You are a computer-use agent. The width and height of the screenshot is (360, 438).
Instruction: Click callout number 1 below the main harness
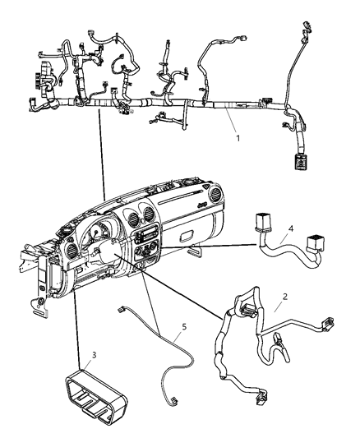[x=238, y=138]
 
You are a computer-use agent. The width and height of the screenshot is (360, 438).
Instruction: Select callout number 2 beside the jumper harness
[x=285, y=297]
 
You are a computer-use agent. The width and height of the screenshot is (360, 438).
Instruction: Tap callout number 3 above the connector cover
[x=95, y=355]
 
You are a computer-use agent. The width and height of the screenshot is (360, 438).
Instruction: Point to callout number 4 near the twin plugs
[x=291, y=228]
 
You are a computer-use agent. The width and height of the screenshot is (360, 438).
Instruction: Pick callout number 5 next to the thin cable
[x=184, y=326]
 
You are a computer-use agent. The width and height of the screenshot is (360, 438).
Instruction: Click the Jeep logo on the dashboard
[x=202, y=205]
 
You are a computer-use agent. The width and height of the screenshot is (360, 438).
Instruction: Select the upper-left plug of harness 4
[x=262, y=223]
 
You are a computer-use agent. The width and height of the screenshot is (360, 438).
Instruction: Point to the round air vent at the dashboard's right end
[x=215, y=195]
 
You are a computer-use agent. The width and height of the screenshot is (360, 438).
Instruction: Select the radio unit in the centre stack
[x=145, y=233]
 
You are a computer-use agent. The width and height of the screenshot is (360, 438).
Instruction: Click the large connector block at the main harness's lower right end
[x=300, y=161]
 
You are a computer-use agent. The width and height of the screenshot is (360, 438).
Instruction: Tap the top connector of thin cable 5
[x=122, y=309]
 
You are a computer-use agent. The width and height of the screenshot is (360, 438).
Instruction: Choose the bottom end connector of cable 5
[x=173, y=400]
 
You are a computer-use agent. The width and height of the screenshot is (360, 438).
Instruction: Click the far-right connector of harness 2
[x=329, y=325]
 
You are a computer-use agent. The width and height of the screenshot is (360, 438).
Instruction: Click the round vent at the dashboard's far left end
[x=72, y=251]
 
